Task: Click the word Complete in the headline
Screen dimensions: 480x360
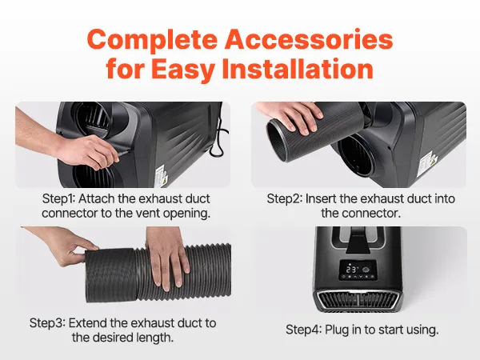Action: click(x=152, y=41)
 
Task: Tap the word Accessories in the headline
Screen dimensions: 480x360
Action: click(x=309, y=39)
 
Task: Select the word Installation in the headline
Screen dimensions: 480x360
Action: click(x=298, y=69)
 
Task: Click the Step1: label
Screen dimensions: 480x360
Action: click(x=58, y=199)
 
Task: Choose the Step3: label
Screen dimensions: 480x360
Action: click(x=47, y=323)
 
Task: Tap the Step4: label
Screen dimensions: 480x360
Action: click(x=304, y=330)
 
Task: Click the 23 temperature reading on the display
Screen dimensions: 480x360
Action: click(x=351, y=270)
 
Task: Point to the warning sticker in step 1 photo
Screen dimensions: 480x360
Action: click(x=161, y=176)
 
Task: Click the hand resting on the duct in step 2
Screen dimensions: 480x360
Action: click(x=291, y=116)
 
